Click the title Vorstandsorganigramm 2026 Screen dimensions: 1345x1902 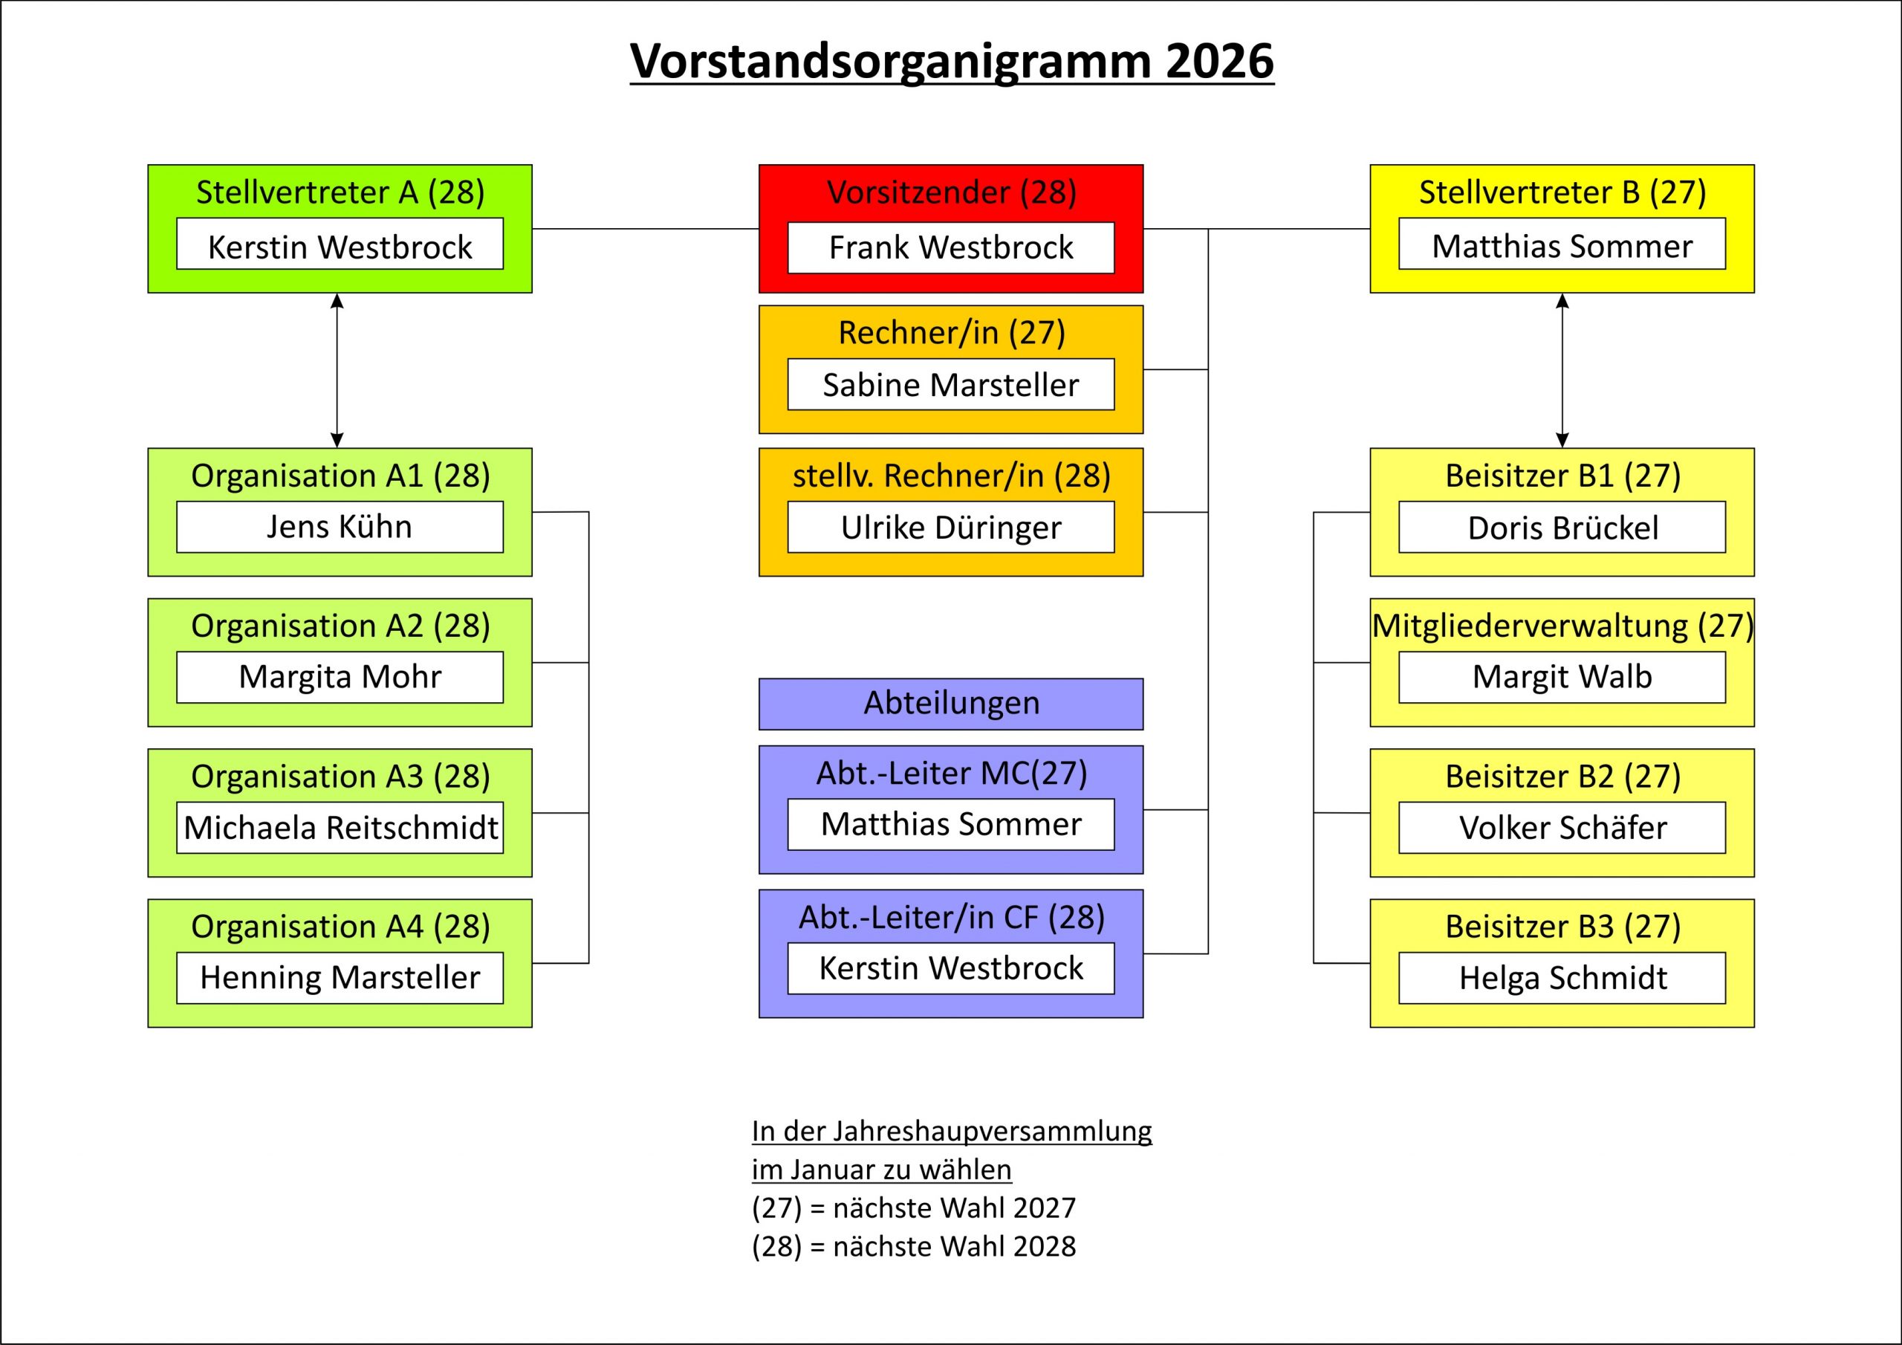(951, 62)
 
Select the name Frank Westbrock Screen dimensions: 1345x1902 (951, 247)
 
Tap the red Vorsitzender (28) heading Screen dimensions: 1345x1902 (951, 192)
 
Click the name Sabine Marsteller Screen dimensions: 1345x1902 (951, 384)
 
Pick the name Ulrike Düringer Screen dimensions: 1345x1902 (951, 527)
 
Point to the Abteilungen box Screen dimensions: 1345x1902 (951, 704)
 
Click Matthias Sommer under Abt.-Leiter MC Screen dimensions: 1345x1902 (951, 824)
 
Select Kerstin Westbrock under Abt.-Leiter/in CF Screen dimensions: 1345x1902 (951, 968)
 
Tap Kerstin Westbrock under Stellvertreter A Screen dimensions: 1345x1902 (340, 246)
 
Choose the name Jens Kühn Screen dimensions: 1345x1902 (340, 527)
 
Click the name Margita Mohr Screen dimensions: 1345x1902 (340, 677)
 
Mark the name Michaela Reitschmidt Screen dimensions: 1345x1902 (340, 827)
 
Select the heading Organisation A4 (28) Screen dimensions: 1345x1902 (340, 927)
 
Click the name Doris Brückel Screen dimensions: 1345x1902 (1562, 527)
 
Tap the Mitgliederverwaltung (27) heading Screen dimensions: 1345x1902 (1562, 626)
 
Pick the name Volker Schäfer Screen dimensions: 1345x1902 (1562, 827)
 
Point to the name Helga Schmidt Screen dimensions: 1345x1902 (1562, 978)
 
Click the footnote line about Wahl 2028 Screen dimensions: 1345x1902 (913, 1246)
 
